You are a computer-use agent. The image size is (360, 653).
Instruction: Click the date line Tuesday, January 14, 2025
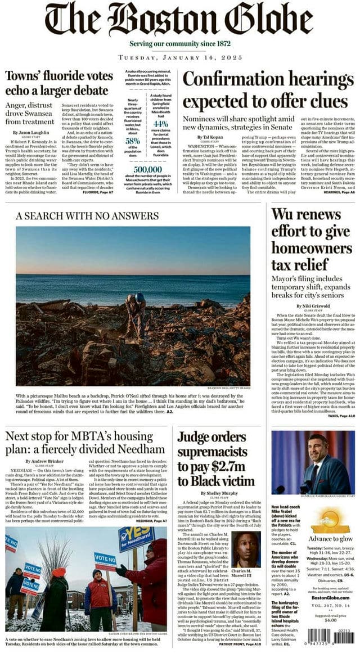point(180,58)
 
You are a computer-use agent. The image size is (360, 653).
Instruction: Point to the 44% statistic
point(161,124)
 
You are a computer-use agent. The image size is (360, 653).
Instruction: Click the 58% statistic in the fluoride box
point(133,141)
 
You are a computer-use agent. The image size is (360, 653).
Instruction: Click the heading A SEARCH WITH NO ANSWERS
point(87,216)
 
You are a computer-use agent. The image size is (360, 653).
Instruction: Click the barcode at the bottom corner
point(331,637)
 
